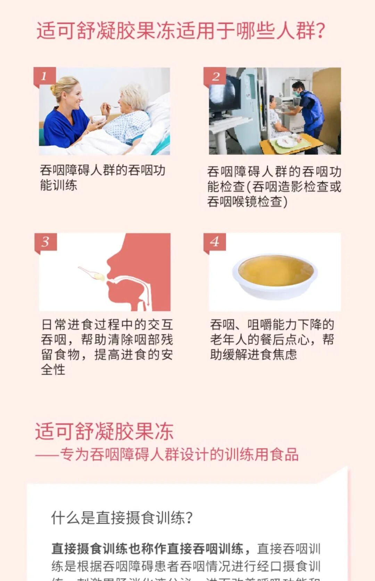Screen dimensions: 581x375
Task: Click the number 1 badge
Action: (44, 76)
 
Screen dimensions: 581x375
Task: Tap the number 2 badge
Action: (215, 76)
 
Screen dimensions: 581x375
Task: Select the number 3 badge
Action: (45, 242)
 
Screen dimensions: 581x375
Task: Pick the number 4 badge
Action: (215, 242)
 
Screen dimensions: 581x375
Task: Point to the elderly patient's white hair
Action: (134, 93)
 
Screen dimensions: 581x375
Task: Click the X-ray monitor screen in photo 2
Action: (224, 93)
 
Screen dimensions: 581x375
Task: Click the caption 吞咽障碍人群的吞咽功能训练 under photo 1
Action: (102, 177)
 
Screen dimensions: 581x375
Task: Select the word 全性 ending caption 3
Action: (53, 369)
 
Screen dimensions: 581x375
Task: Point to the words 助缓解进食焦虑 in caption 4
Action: (253, 354)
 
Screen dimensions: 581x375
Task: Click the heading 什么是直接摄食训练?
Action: (122, 518)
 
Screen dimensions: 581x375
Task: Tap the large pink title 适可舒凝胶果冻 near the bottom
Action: (104, 432)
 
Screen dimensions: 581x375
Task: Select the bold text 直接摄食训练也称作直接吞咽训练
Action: (148, 549)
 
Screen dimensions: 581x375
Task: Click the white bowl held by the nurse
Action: (99, 119)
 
